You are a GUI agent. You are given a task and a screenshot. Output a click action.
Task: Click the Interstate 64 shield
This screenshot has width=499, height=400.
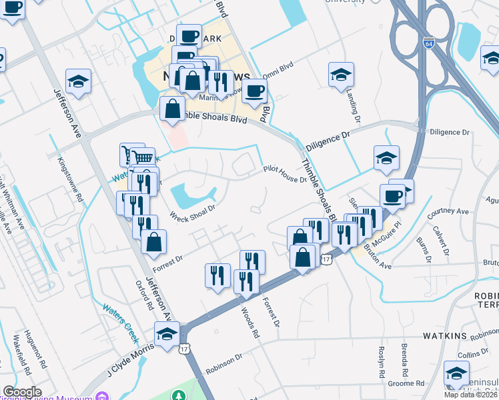[428, 42]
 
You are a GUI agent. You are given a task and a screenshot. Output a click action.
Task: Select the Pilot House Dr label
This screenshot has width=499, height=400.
[284, 175]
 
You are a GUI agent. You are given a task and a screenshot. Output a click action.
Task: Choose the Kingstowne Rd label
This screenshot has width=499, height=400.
[69, 179]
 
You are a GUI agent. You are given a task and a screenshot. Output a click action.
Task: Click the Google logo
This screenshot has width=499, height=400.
[22, 392]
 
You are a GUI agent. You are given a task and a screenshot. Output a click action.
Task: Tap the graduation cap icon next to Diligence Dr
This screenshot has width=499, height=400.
[386, 157]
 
